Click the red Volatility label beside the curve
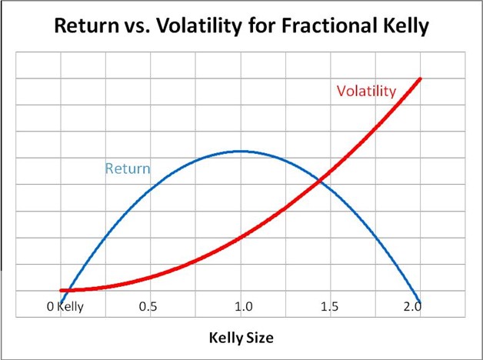[x=366, y=91]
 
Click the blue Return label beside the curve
[x=128, y=168]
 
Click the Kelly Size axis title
[x=241, y=338]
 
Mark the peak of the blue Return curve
[x=241, y=152]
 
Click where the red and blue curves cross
[x=319, y=180]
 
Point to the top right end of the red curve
[x=420, y=78]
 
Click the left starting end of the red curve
[x=62, y=290]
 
